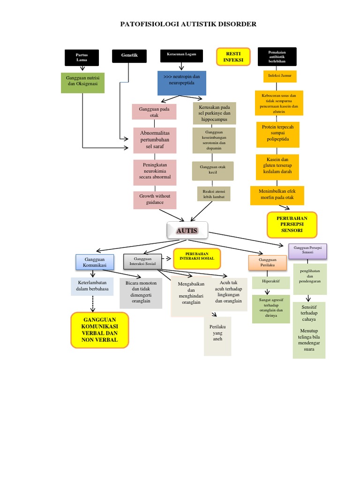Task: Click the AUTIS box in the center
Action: point(187,231)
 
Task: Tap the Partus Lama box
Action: point(82,57)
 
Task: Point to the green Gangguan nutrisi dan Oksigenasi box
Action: point(82,82)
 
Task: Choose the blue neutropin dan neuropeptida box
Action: point(181,83)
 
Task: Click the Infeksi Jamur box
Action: point(279,75)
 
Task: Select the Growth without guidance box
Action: point(155,199)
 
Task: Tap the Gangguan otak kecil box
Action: point(212,170)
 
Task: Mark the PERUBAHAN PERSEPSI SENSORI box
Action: point(292,225)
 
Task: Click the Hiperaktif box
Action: point(269,283)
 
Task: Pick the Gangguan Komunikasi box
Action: point(95,262)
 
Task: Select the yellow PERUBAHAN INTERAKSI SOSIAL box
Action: point(197,258)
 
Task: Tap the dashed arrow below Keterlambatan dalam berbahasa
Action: point(92,304)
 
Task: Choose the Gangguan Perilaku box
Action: point(268,262)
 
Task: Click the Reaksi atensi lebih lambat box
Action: point(214,194)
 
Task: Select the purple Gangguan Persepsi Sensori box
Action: point(307,250)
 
